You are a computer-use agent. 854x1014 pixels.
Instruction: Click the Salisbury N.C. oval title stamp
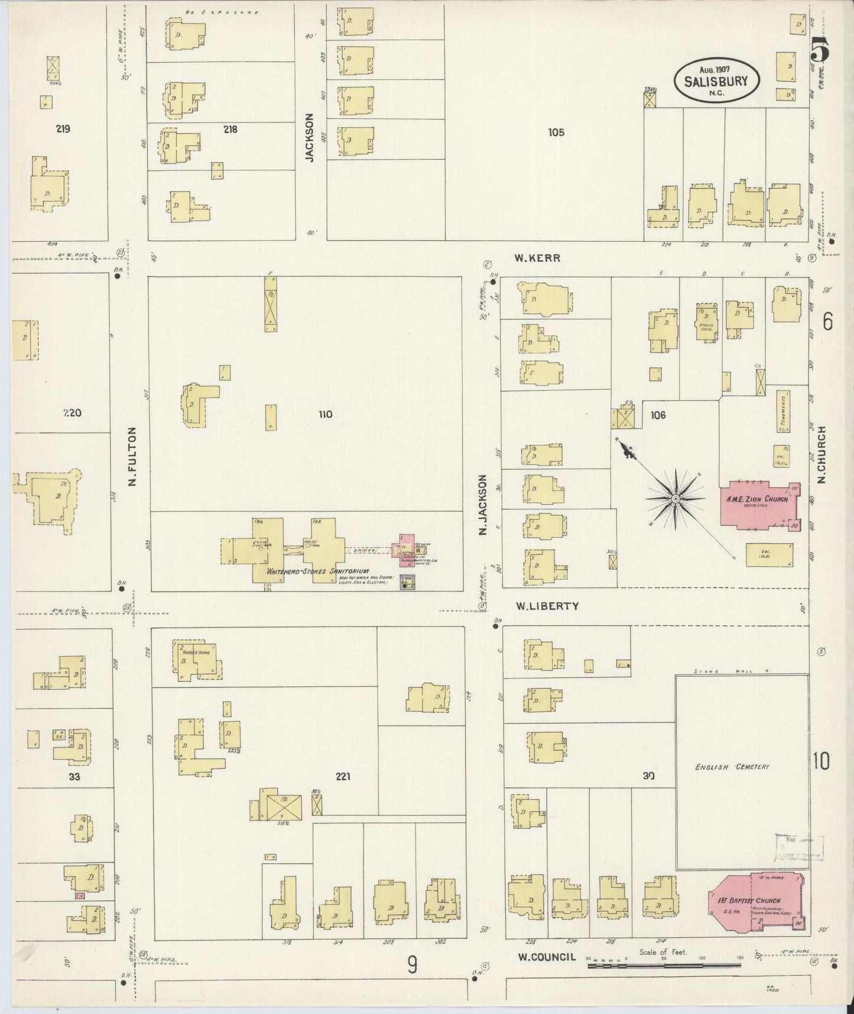pyautogui.click(x=716, y=81)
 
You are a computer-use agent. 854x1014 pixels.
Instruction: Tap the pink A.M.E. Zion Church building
pyautogui.click(x=757, y=505)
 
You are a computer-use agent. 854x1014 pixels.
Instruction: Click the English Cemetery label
pyautogui.click(x=740, y=767)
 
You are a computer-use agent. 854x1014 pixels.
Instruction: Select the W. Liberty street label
pyautogui.click(x=547, y=606)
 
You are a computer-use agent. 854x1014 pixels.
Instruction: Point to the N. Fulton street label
pyautogui.click(x=132, y=457)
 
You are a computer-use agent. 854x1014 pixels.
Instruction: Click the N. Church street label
pyautogui.click(x=822, y=456)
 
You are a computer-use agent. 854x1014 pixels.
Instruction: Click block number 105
pyautogui.click(x=556, y=133)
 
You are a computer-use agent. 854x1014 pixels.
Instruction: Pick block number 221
pyautogui.click(x=342, y=776)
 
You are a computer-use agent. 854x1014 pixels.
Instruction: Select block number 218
pyautogui.click(x=230, y=129)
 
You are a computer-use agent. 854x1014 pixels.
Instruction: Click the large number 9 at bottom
pyautogui.click(x=412, y=965)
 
